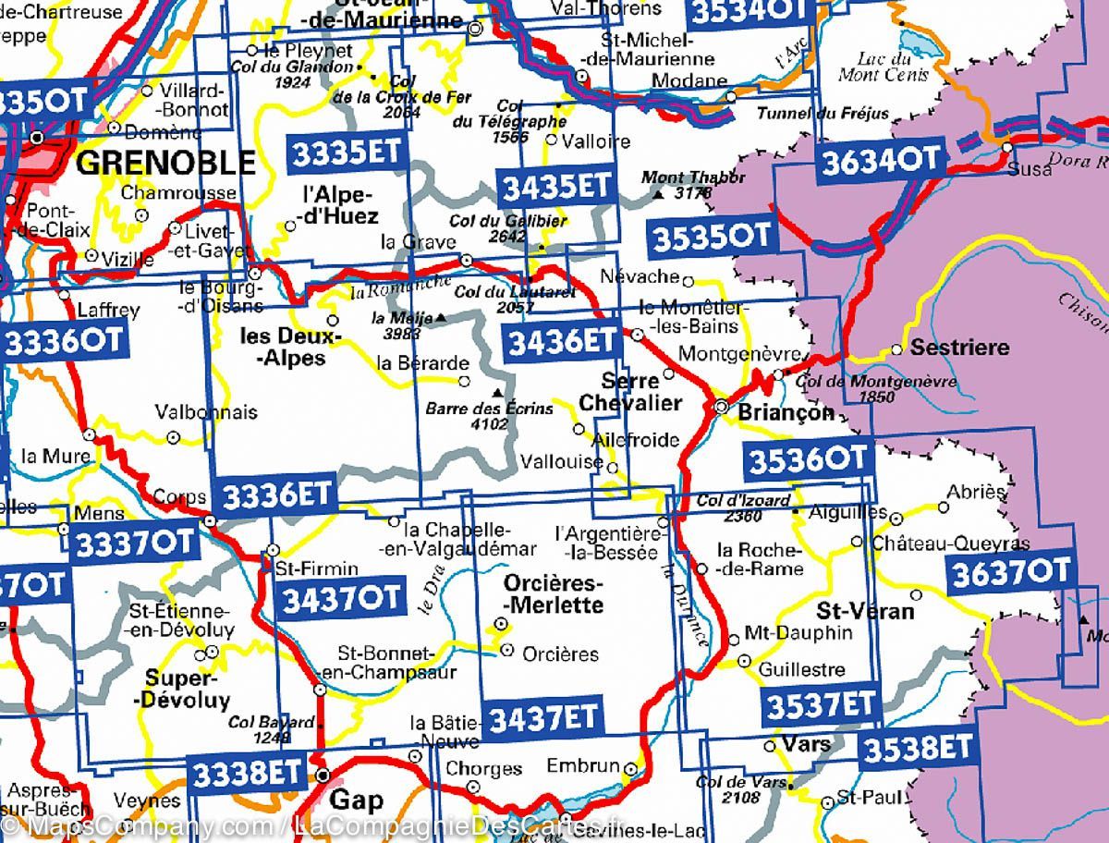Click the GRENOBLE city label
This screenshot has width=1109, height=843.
[165, 163]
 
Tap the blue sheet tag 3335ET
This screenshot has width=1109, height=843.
[347, 152]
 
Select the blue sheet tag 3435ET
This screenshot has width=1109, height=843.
[556, 187]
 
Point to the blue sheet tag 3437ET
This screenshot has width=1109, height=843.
[544, 717]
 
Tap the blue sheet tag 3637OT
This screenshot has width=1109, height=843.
[1009, 571]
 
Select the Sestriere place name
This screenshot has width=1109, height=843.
[959, 348]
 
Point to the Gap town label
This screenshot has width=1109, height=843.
[356, 800]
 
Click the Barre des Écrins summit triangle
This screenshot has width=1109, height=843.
[498, 391]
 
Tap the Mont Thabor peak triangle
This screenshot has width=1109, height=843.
[657, 195]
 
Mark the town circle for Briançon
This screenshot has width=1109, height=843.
[722, 407]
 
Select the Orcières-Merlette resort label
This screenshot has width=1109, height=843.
[554, 594]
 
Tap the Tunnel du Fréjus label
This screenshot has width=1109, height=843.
[823, 114]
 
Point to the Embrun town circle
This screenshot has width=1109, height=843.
[630, 768]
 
